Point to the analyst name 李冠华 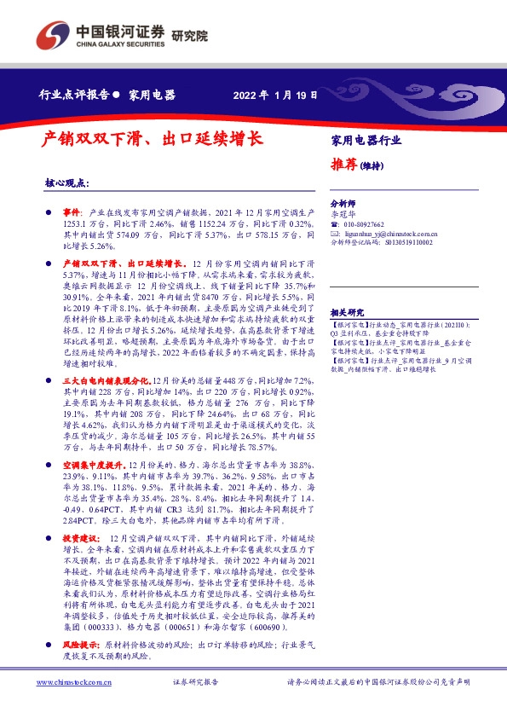[342, 215]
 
